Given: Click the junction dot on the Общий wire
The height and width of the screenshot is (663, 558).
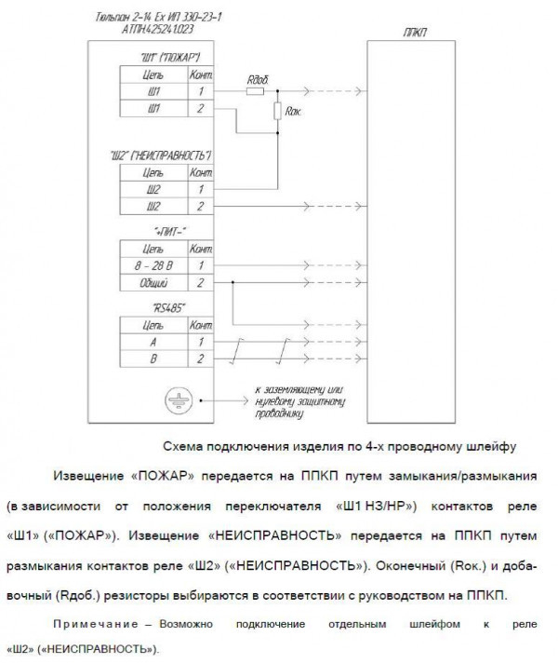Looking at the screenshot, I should click(x=232, y=281).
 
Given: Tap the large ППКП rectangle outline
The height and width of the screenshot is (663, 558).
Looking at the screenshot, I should click(x=369, y=233).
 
